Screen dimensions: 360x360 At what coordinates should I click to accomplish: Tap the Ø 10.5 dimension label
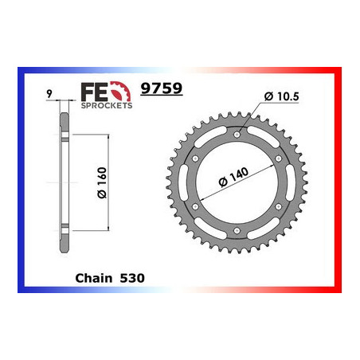278,97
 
